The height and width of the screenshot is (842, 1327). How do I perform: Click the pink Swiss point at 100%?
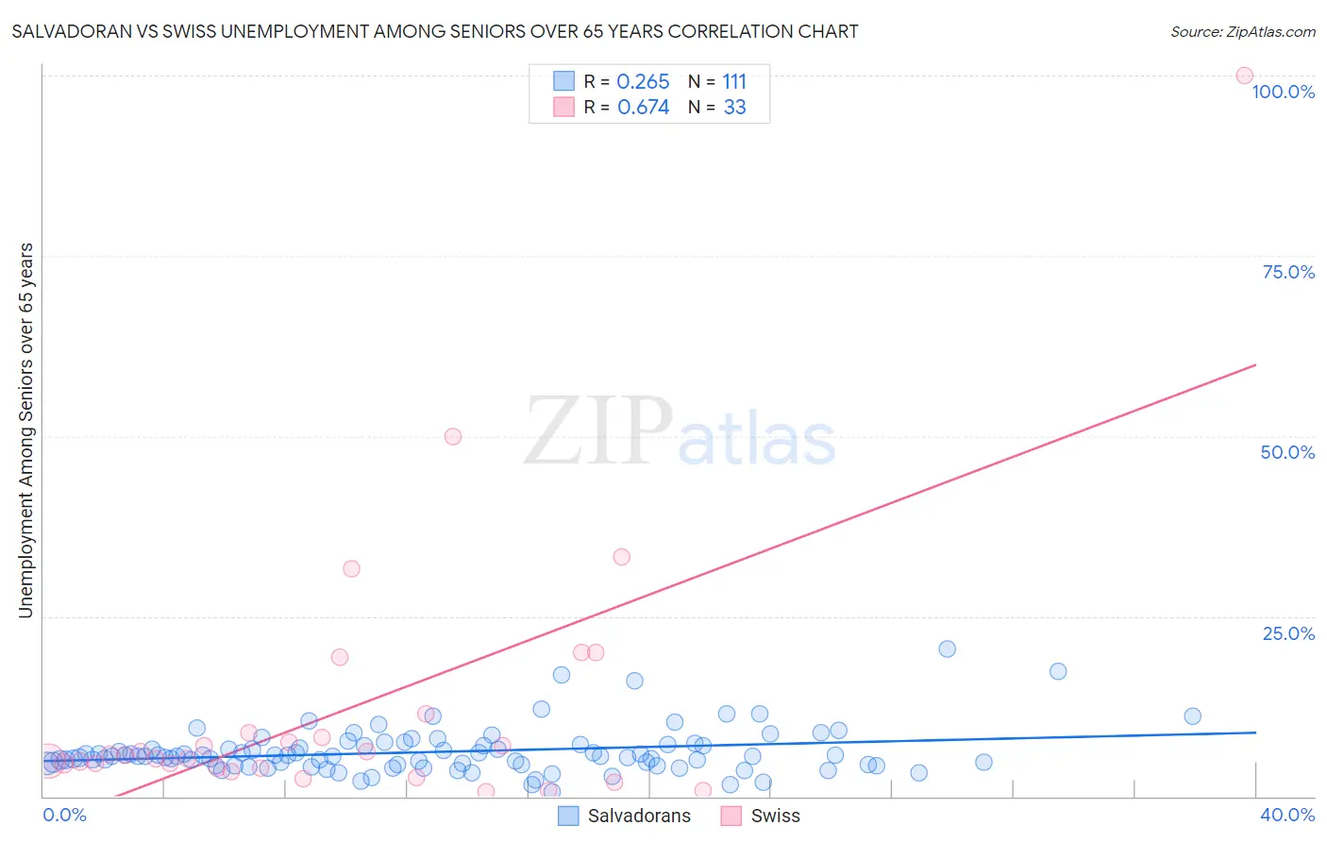click(x=1244, y=76)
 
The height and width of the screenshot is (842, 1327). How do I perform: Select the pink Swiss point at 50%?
click(x=453, y=436)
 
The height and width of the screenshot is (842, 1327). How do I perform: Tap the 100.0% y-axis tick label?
click(x=1283, y=92)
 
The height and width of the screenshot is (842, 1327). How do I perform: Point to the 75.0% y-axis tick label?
click(x=1288, y=272)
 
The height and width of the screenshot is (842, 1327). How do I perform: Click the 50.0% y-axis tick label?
click(x=1287, y=452)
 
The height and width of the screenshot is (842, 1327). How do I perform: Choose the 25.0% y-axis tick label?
click(x=1288, y=633)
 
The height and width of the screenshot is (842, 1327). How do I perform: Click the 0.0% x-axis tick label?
click(x=64, y=815)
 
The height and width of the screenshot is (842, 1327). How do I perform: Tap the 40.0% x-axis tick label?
click(x=1287, y=815)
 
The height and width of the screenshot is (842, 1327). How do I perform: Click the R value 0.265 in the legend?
click(x=643, y=82)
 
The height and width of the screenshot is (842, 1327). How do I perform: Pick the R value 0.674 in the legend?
click(x=643, y=108)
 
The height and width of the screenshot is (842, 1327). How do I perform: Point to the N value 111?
click(x=734, y=82)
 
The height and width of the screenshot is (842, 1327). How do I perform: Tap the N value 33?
click(x=734, y=108)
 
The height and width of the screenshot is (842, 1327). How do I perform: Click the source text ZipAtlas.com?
click(x=1270, y=32)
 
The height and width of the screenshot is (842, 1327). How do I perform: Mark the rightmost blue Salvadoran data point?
click(x=1192, y=716)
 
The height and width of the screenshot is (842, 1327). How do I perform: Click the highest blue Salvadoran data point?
click(x=947, y=649)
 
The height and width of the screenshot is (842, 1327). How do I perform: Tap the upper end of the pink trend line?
click(x=1255, y=364)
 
